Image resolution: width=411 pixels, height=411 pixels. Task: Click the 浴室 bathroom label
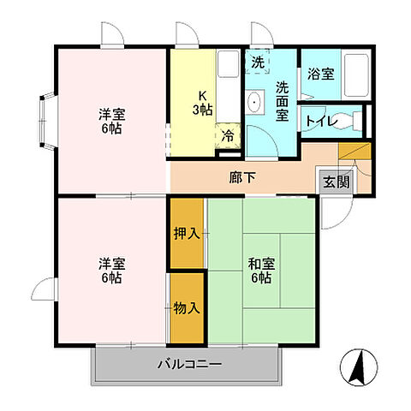321,74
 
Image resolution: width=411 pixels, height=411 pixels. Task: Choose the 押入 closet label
186,234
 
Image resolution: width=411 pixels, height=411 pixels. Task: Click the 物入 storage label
186,307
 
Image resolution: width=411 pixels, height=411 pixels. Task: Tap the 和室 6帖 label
260,270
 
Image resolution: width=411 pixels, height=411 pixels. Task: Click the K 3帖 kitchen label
202,103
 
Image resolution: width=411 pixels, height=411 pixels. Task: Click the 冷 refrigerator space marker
228,134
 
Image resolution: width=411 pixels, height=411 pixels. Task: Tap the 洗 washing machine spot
257,63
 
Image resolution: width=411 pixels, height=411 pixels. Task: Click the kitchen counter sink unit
228,86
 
